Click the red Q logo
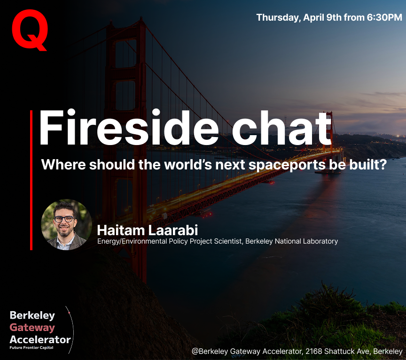click(x=30, y=30)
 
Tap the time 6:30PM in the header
click(x=384, y=17)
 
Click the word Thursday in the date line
click(x=279, y=17)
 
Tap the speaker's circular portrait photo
click(x=66, y=224)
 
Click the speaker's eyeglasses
click(x=64, y=219)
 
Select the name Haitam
click(x=121, y=230)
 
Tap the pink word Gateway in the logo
click(x=32, y=328)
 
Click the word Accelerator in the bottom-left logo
click(x=40, y=339)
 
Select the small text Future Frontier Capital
click(x=31, y=348)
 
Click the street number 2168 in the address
click(x=314, y=351)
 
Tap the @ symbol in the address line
click(x=195, y=352)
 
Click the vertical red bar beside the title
click(x=31, y=180)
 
